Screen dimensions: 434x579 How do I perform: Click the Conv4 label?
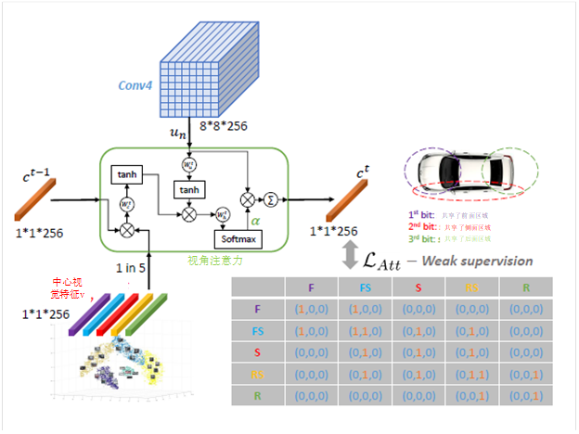click(136, 84)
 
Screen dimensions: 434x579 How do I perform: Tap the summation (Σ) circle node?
click(271, 198)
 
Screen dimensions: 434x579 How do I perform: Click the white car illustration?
click(465, 171)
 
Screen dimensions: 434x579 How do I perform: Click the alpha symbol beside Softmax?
click(254, 223)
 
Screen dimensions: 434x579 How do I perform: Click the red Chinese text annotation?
click(70, 287)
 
